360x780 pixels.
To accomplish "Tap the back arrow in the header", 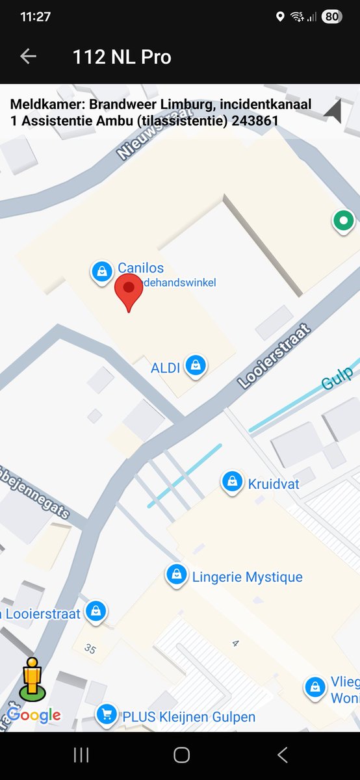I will click(28, 57).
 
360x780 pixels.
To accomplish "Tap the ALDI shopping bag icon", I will click(195, 366).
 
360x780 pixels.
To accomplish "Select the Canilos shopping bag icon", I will click(102, 272).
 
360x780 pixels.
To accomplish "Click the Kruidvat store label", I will click(268, 484).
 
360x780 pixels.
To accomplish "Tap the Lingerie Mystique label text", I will click(247, 577).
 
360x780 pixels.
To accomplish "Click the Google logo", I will click(34, 715).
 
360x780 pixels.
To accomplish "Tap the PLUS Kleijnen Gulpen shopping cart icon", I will click(106, 716).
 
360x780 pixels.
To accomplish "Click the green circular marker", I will click(342, 222).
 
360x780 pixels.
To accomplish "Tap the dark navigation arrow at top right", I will click(333, 112).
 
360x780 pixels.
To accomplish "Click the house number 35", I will click(90, 648).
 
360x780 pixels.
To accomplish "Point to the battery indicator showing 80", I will click(331, 17).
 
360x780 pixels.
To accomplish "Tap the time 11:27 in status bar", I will click(35, 17).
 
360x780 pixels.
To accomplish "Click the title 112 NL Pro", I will click(122, 57).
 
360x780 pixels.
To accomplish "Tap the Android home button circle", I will click(181, 755).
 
